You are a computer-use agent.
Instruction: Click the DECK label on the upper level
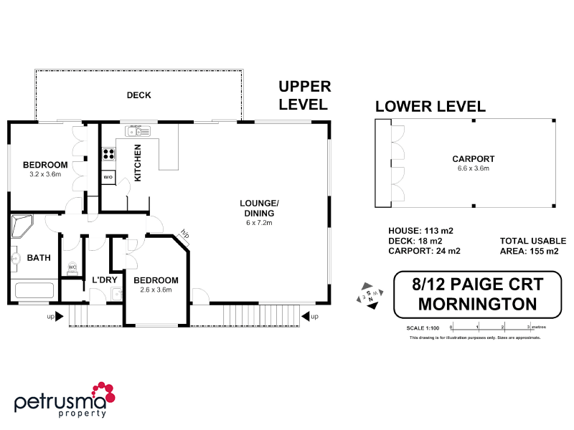[138, 95]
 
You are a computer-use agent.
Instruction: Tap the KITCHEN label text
[138, 162]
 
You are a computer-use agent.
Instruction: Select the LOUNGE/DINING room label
[258, 208]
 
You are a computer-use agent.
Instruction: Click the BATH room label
[39, 258]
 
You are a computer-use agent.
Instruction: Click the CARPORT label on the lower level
[473, 159]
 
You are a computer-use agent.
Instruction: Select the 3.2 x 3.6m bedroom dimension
[45, 174]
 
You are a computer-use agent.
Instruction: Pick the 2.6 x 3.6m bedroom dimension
[156, 290]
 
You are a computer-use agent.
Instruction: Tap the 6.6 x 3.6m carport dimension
[473, 168]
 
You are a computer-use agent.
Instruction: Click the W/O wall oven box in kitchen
[108, 176]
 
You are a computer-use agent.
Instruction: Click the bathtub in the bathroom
[34, 292]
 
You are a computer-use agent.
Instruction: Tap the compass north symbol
[369, 295]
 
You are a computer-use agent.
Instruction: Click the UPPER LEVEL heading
[305, 95]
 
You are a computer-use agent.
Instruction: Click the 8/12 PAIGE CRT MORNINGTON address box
[476, 295]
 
